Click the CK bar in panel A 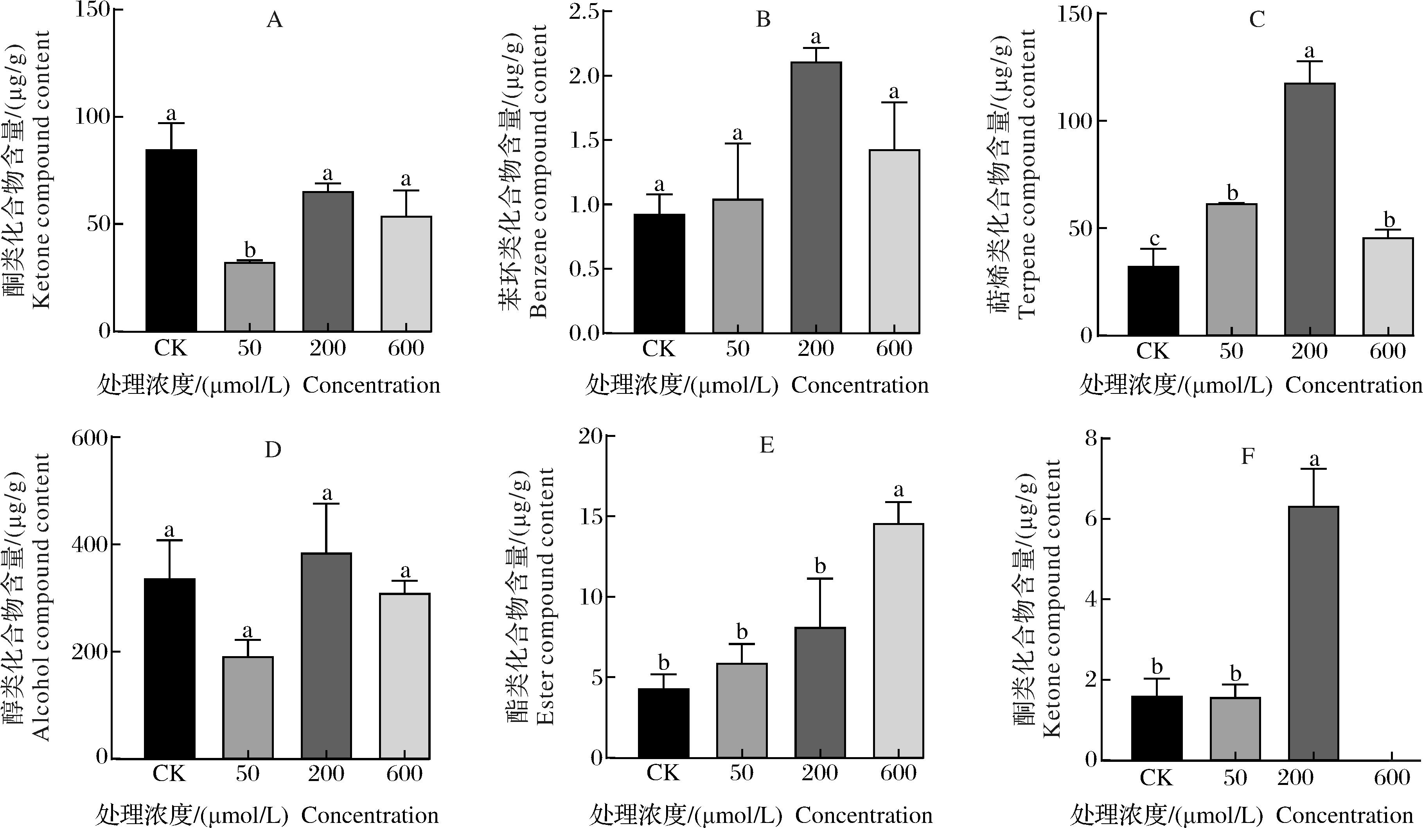tap(171, 240)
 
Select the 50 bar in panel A tap(250, 297)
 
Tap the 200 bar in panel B tap(816, 197)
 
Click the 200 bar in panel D tap(326, 656)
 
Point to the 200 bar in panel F tap(1313, 633)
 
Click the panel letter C tap(1256, 20)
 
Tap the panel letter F tap(1247, 456)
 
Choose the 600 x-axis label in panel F tap(1392, 778)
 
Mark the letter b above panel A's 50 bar tap(250, 250)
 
